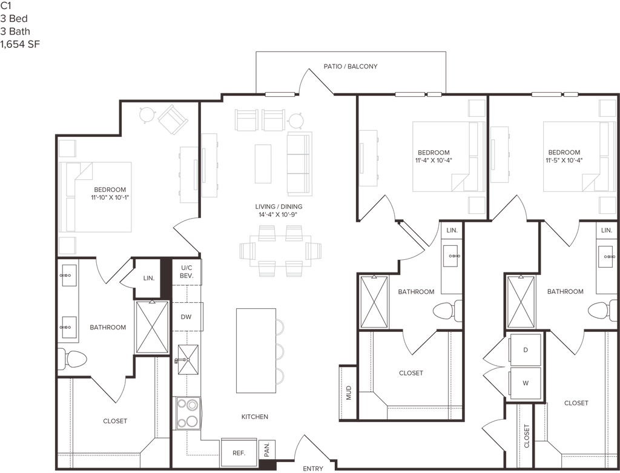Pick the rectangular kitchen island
coord(256,350)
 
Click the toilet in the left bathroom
coord(73,360)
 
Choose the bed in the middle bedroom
coord(441,157)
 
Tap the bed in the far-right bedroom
coord(572,157)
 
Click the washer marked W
coord(526,383)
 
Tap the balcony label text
coord(351,67)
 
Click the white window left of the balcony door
coord(280,94)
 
